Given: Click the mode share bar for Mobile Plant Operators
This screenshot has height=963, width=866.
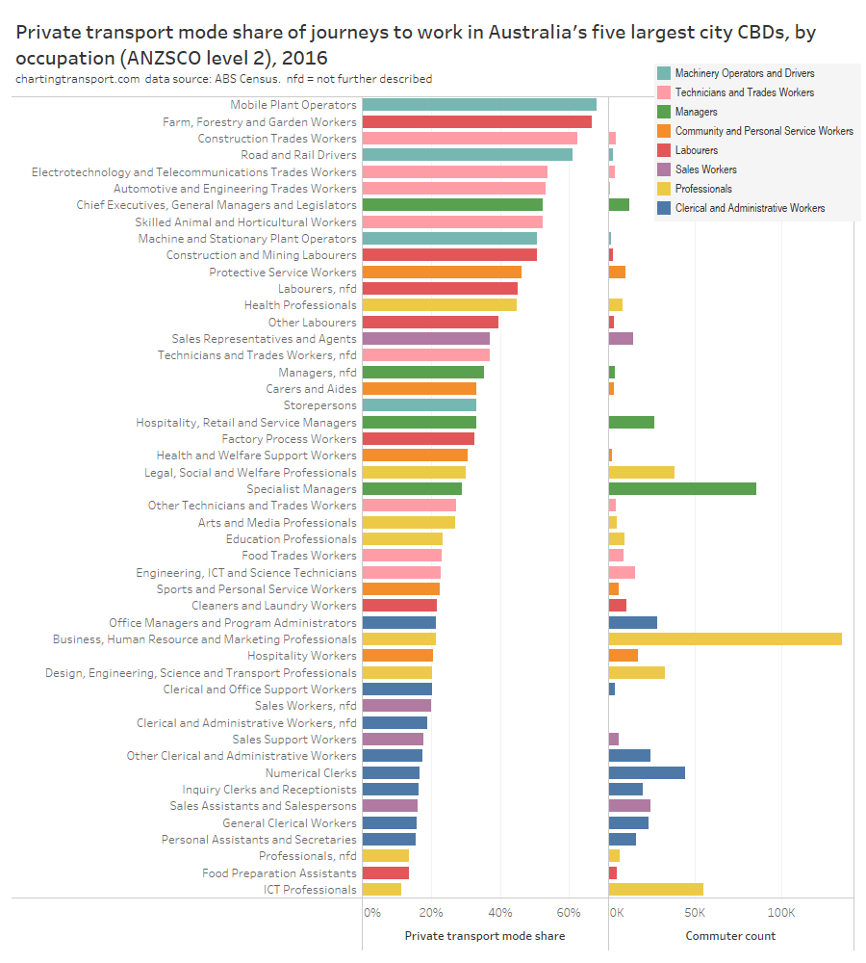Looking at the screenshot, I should [x=479, y=105].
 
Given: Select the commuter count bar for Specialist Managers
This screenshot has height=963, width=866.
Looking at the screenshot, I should [x=682, y=489].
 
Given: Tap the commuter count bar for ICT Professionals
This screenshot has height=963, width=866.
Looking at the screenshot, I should [x=656, y=890].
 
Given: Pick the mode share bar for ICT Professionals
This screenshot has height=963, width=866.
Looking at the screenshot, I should [x=382, y=890].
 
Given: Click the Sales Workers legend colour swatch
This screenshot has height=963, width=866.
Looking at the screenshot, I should [x=664, y=169].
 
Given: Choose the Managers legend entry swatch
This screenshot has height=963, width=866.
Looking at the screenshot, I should [x=664, y=112].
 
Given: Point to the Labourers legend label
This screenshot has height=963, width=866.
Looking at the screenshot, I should [x=697, y=150].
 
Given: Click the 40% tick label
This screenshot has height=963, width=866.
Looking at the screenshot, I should [x=500, y=912].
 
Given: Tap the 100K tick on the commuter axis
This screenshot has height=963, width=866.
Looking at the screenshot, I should [x=781, y=912].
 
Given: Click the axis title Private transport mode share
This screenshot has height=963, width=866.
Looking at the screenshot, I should [x=485, y=936].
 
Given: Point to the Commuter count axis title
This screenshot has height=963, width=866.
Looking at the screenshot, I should [x=730, y=936].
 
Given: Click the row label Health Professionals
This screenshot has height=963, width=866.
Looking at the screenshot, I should [x=300, y=305].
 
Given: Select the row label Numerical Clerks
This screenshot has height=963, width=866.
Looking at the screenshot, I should [x=311, y=773].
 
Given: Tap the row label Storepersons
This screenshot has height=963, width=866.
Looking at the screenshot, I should [x=319, y=405].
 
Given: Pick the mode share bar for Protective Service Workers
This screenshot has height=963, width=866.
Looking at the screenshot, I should [x=442, y=273].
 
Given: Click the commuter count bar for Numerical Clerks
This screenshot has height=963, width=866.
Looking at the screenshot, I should [x=647, y=773].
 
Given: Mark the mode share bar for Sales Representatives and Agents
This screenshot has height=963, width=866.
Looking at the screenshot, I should [x=426, y=339].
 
